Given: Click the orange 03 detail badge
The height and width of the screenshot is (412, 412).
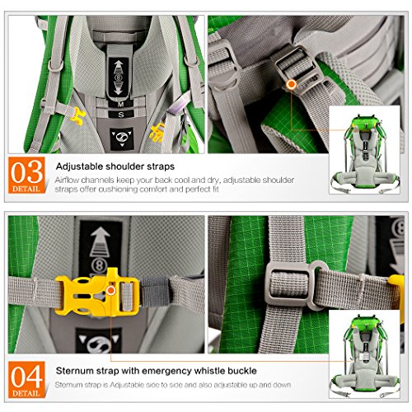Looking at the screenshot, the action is (26, 175).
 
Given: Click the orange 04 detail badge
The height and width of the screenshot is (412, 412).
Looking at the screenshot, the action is (26, 380).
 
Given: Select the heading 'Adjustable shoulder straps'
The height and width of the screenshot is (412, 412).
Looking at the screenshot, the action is (115, 166).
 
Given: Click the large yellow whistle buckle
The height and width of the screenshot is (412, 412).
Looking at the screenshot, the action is (97, 293).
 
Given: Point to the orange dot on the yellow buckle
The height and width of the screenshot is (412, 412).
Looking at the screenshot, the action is (111, 290).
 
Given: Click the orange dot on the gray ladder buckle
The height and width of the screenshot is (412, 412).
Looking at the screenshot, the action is (291, 85).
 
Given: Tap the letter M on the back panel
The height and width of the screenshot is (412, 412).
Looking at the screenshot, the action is (121, 104).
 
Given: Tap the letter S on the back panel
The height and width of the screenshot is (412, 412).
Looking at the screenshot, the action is (121, 115).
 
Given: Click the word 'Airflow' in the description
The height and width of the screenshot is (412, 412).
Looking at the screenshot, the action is (67, 180).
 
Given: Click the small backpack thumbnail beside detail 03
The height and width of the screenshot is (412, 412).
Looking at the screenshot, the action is (364, 150).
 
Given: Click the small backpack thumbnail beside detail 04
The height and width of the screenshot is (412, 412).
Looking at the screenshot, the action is (364, 354).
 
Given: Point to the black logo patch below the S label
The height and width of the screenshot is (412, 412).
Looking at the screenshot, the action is (122, 139).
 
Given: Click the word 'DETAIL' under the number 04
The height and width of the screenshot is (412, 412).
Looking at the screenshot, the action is (26, 393).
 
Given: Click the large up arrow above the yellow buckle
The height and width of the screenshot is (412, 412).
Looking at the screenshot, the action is (101, 241).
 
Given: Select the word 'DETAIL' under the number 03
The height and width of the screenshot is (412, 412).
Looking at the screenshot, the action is (26, 189).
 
